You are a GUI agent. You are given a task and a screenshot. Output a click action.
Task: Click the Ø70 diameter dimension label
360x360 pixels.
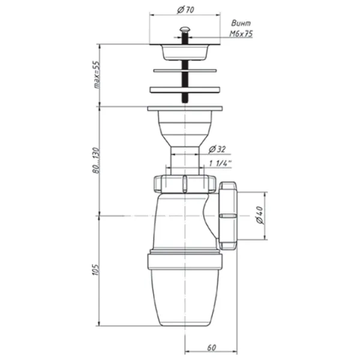pyautogui.click(x=185, y=10)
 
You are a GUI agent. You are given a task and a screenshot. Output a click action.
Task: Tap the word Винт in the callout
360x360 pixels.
pyautogui.click(x=241, y=23)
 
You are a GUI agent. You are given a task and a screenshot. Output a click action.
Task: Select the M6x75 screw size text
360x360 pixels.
pyautogui.click(x=241, y=34)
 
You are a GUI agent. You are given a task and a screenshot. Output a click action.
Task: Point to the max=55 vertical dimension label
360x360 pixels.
pyautogui.click(x=97, y=75)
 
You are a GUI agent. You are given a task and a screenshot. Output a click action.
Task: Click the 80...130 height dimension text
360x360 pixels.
pyautogui.click(x=97, y=160)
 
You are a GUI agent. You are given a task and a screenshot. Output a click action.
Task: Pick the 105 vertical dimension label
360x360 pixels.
pyautogui.click(x=96, y=270)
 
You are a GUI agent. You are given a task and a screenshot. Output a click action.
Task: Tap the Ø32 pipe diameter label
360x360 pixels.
pyautogui.click(x=217, y=149)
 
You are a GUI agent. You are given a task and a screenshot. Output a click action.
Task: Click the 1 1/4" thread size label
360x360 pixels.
pyautogui.click(x=220, y=163)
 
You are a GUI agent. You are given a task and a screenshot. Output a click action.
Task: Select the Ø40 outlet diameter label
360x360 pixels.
pyautogui.click(x=260, y=215)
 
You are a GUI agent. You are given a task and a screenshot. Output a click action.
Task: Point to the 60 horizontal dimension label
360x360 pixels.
pyautogui.click(x=211, y=348)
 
